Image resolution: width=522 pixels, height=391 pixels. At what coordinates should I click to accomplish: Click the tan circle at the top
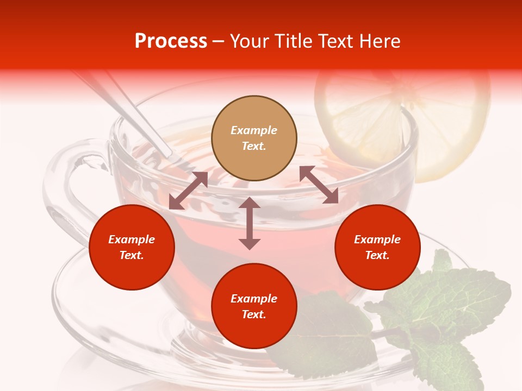coord(254,138)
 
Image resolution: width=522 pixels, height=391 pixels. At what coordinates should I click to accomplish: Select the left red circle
coord(132,247)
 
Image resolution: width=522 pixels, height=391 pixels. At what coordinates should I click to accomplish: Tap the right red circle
coord(377,247)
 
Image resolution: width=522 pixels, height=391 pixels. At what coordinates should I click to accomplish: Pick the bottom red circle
coord(254,306)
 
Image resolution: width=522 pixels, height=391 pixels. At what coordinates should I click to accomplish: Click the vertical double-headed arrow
coord(250,223)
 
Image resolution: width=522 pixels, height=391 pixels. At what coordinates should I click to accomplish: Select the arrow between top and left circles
coord(188,191)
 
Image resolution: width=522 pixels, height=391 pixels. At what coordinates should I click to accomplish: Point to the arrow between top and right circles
coord(319,185)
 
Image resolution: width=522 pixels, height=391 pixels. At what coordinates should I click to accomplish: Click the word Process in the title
coord(171,41)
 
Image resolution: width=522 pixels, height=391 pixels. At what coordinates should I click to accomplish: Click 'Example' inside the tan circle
coord(254,130)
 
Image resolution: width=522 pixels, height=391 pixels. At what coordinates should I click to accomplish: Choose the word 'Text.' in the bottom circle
coord(254,314)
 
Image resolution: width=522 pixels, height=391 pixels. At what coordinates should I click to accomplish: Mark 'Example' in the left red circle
coord(132,239)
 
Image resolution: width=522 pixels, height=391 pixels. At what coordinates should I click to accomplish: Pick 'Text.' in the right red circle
coord(377,255)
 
